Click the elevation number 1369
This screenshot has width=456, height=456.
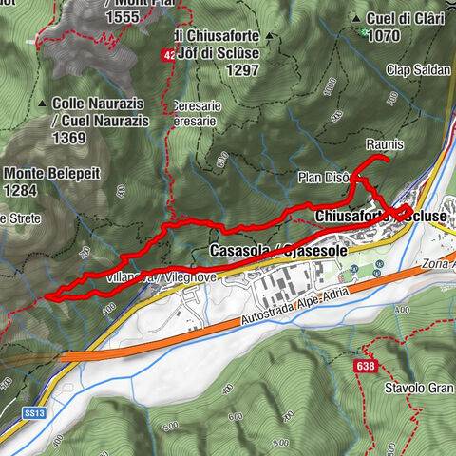(x=69, y=137)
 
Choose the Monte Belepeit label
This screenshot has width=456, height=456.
(x=47, y=174)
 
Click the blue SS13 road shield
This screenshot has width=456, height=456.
(x=35, y=414)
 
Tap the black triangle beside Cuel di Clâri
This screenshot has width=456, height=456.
(x=353, y=18)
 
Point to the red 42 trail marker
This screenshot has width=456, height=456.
(x=167, y=56)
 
